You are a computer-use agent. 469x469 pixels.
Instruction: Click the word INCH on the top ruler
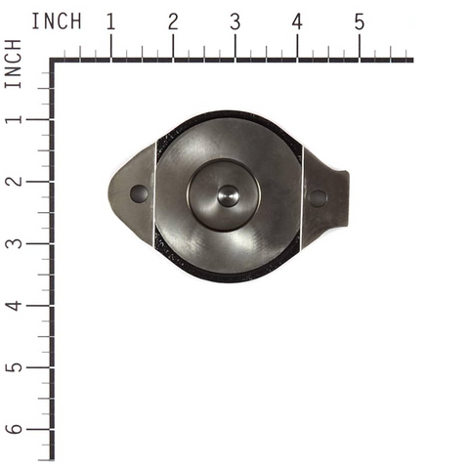56,21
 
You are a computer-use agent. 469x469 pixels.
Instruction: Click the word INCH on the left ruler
14,64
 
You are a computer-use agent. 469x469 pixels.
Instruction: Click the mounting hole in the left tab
139,193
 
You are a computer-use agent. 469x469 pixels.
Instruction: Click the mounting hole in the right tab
318,197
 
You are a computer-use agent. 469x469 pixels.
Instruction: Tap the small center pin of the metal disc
228,194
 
